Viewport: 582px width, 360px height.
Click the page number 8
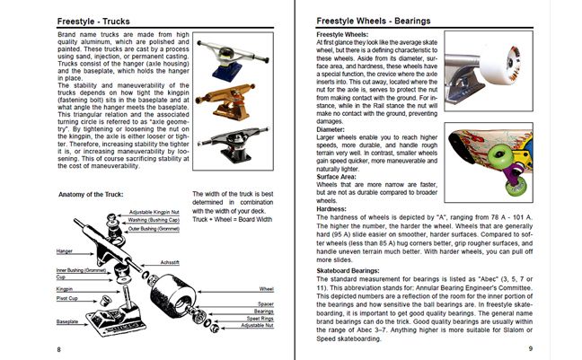[58, 348]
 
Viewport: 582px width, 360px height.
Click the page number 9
[530, 348]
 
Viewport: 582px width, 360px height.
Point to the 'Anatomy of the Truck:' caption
[96, 194]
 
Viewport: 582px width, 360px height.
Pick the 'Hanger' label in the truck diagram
[66, 252]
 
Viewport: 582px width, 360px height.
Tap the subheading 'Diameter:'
[333, 127]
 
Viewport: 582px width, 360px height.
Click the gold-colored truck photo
[225, 98]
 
